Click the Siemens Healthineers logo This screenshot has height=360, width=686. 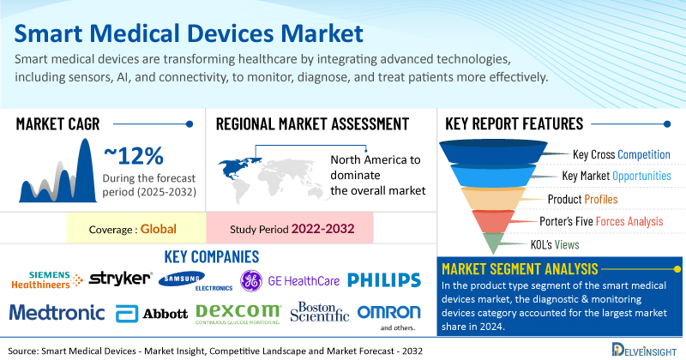pos(43,279)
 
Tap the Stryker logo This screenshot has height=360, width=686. pos(120,279)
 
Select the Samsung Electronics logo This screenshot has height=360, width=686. pos(192,279)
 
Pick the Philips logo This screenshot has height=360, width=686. pos(384,279)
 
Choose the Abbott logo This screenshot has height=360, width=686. pos(152,312)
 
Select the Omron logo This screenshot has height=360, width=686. pos(388,311)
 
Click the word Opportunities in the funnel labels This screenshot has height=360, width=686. pos(641,177)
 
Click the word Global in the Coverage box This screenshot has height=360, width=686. pos(159,229)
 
